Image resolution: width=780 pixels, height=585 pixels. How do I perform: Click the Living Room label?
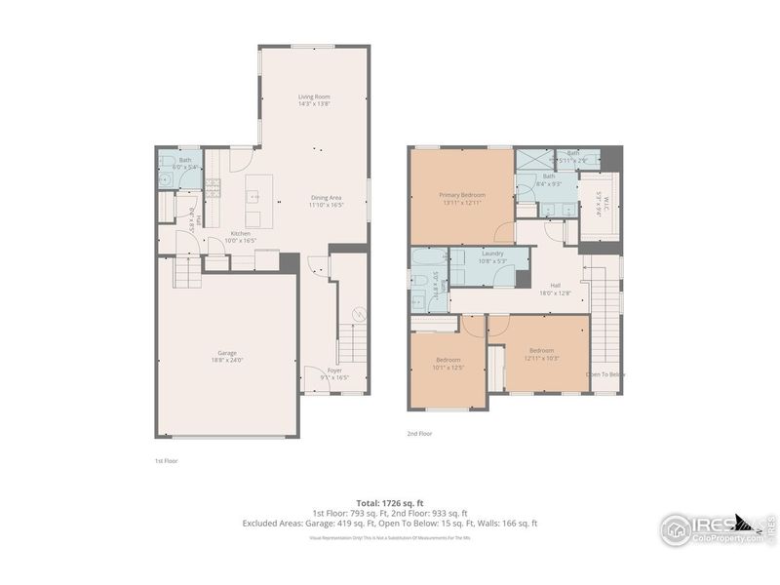click(x=314, y=97)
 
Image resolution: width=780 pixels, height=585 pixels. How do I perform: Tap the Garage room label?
click(x=226, y=353)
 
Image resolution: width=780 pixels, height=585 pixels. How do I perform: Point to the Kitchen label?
click(x=240, y=233)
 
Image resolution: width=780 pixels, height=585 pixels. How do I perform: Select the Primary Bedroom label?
click(x=461, y=195)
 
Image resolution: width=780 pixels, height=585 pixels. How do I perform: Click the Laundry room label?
click(x=491, y=253)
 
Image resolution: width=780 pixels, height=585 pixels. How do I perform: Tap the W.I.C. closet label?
click(x=596, y=205)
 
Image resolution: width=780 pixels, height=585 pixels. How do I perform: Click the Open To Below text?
click(x=605, y=374)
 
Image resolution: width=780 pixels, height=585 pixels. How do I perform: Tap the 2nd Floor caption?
click(x=419, y=433)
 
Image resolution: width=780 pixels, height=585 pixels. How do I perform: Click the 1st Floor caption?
click(x=166, y=460)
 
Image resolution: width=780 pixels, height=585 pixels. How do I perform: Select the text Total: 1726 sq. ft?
click(x=389, y=501)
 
